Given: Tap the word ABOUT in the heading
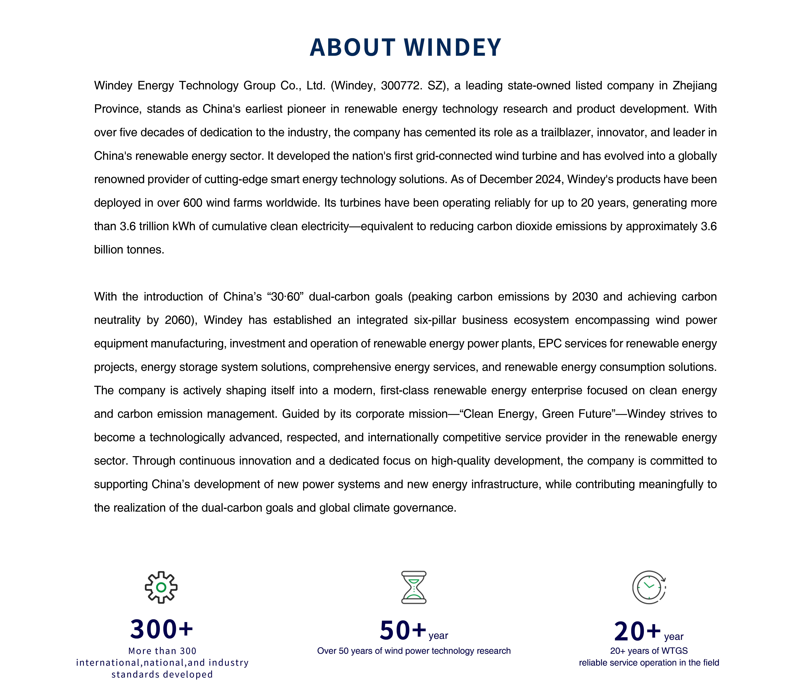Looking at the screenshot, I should coord(352,48).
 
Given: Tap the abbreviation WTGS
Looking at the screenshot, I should coord(674,651).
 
